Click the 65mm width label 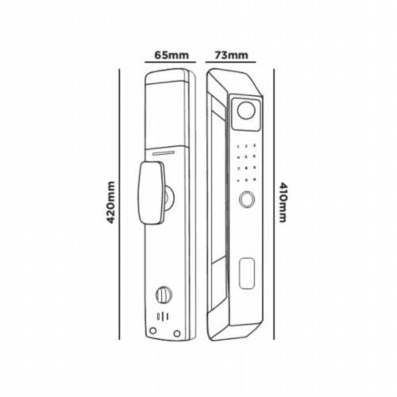pyautogui.click(x=172, y=56)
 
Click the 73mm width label pyautogui.click(x=231, y=56)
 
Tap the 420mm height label pyautogui.click(x=110, y=202)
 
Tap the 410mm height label pyautogui.click(x=283, y=202)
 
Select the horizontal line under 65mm pyautogui.click(x=170, y=62)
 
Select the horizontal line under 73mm pyautogui.click(x=230, y=62)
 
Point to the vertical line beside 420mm pyautogui.click(x=119, y=204)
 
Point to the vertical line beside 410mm pyautogui.click(x=274, y=204)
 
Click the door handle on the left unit pyautogui.click(x=152, y=193)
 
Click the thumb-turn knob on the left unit pyautogui.click(x=164, y=295)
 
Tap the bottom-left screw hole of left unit pyautogui.click(x=152, y=330)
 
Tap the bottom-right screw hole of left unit pyautogui.click(x=177, y=333)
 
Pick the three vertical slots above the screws pyautogui.click(x=163, y=317)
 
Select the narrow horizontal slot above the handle pyautogui.click(x=164, y=152)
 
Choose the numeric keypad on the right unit pyautogui.click(x=246, y=163)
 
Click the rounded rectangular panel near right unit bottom pyautogui.click(x=247, y=273)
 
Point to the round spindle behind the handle pyautogui.click(x=169, y=197)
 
